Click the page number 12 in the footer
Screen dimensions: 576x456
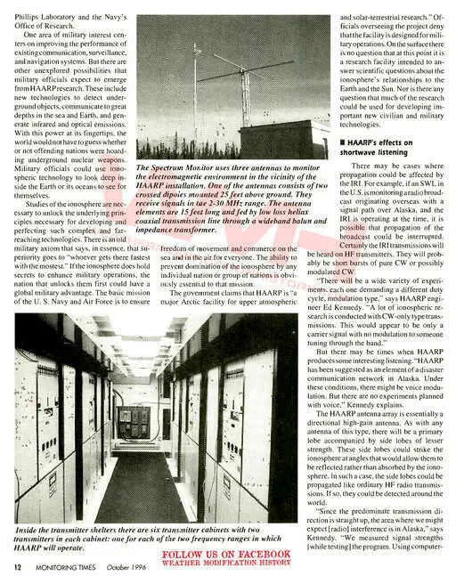[17, 564]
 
